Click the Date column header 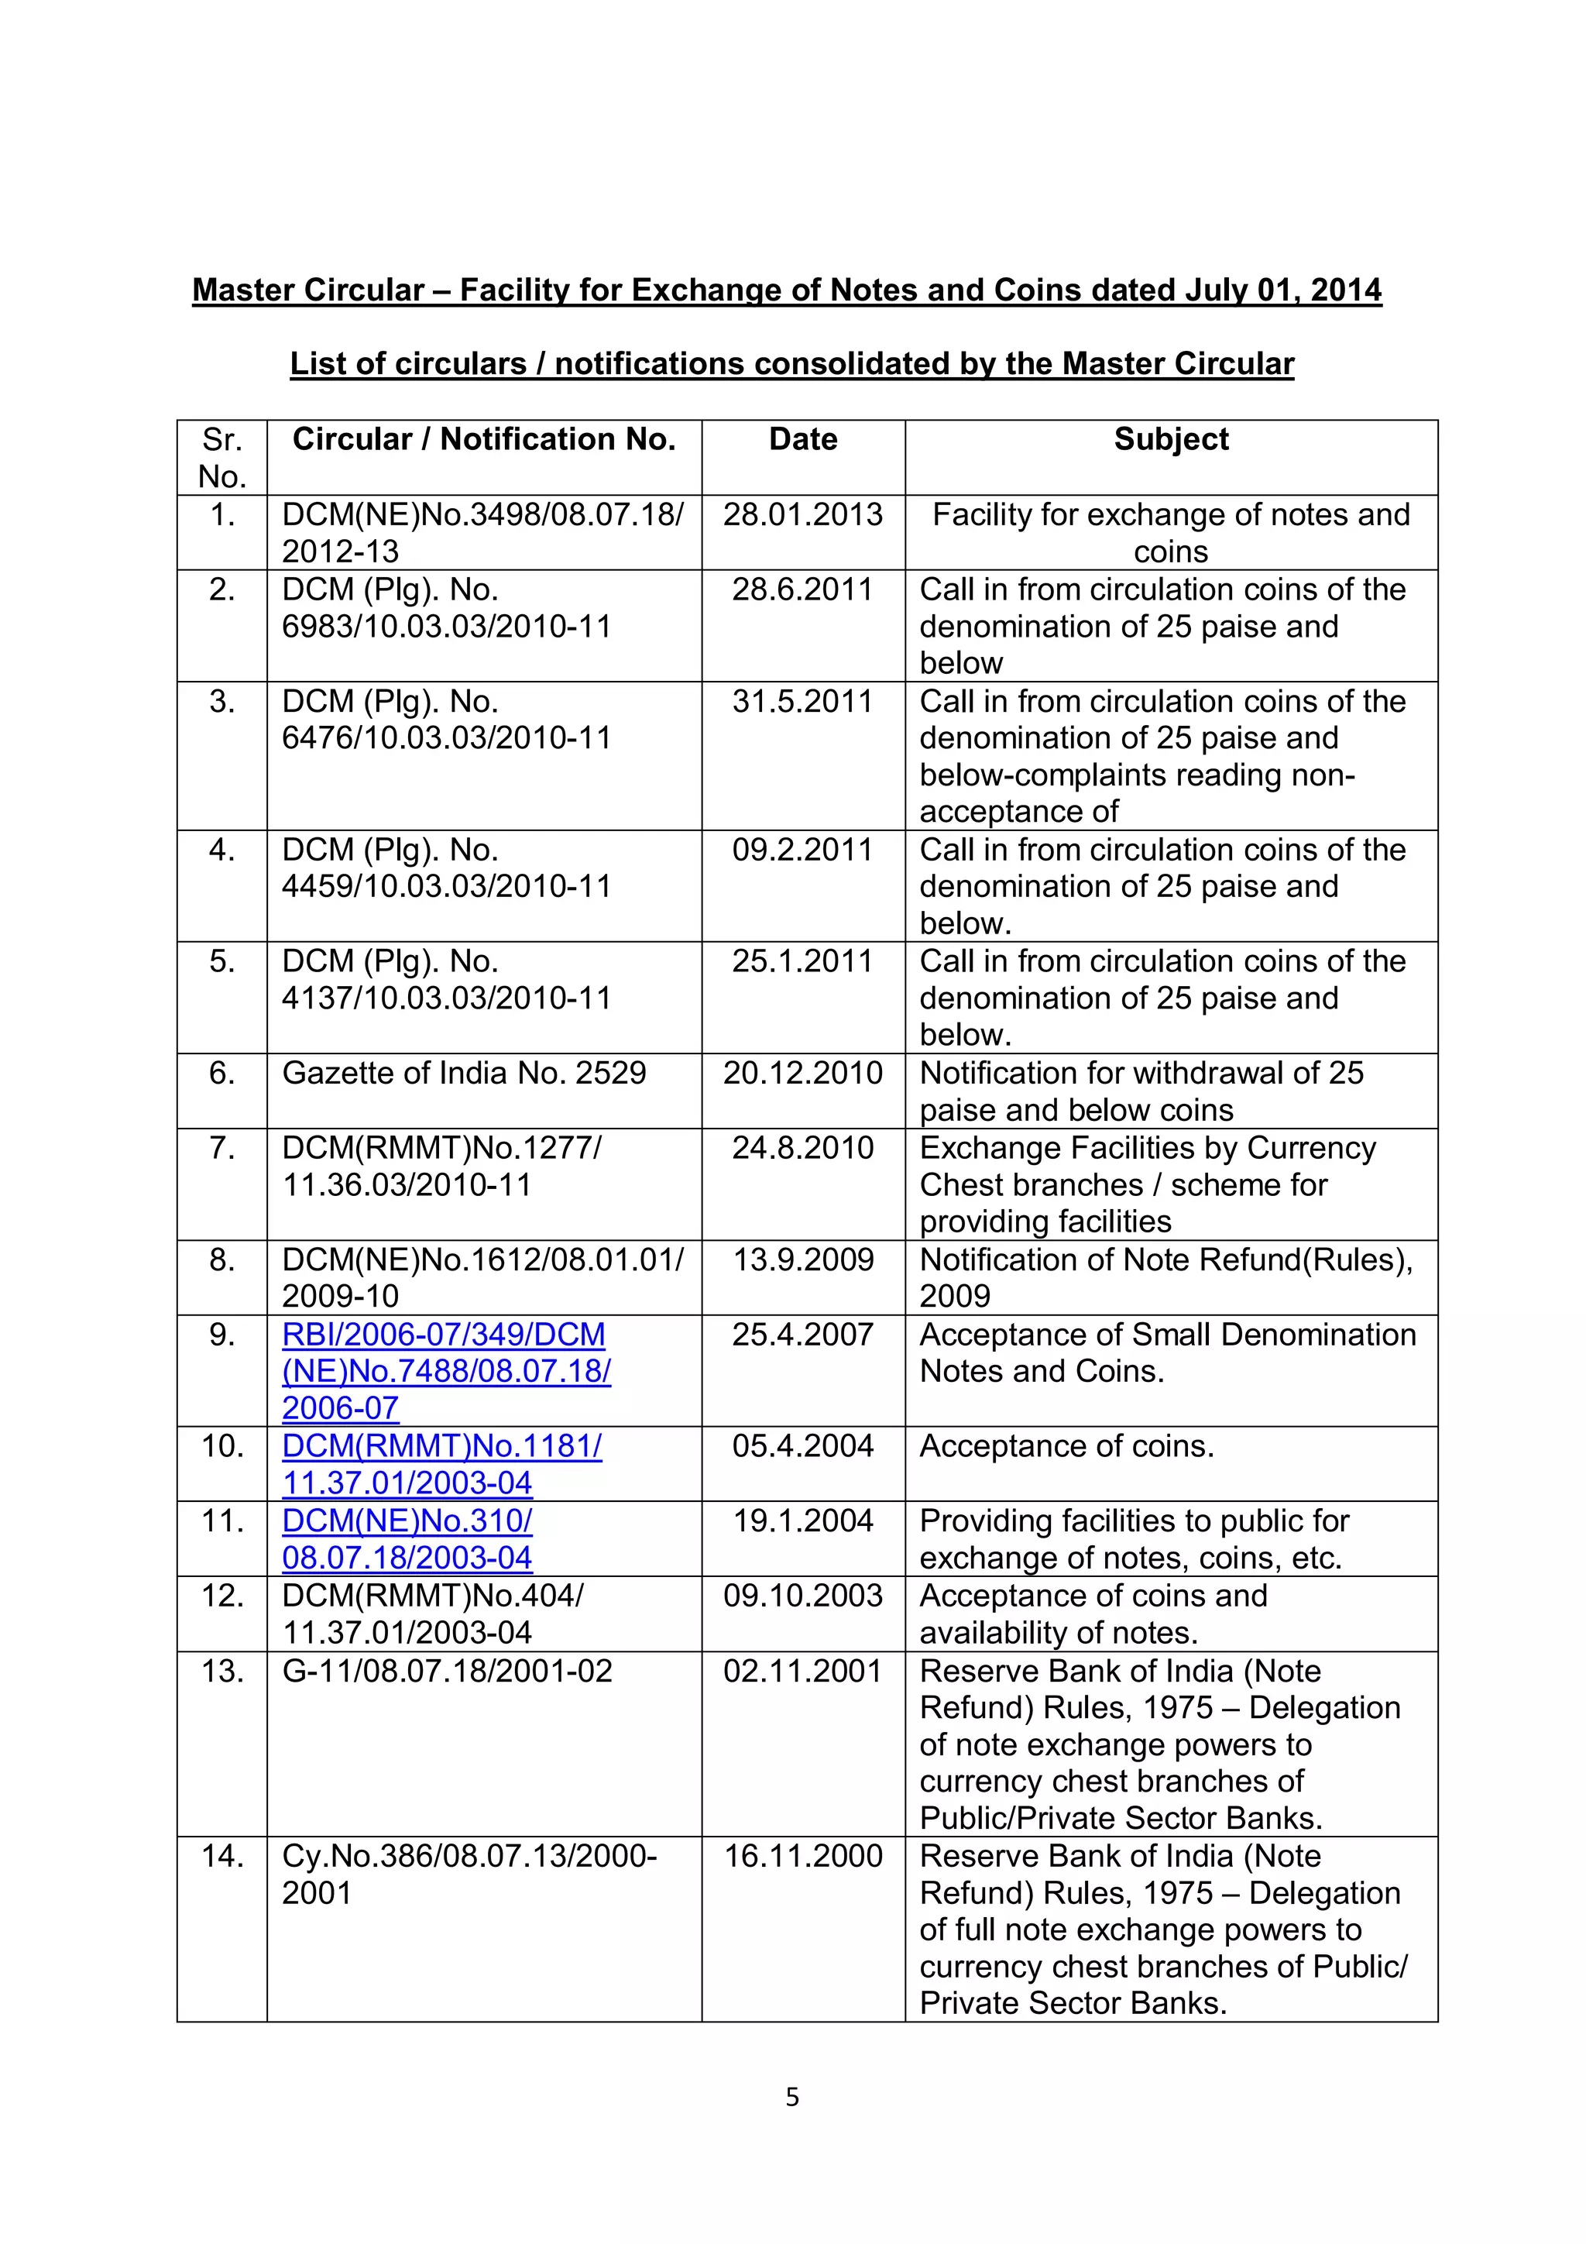click(802, 440)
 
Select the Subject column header click(1171, 440)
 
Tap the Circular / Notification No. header click(484, 440)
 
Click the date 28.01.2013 click(802, 515)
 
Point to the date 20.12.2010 click(802, 1073)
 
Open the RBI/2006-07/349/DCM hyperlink click(444, 1335)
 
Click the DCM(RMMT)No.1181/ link click(441, 1446)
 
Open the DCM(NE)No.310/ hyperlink click(407, 1522)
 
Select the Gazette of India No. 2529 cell click(464, 1073)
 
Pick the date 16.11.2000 click(802, 1856)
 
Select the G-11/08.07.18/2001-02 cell click(447, 1672)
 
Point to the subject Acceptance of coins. click(1066, 1446)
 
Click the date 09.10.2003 click(802, 1596)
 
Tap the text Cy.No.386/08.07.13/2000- click(469, 1856)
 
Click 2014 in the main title click(1346, 290)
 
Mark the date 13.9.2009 click(802, 1259)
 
